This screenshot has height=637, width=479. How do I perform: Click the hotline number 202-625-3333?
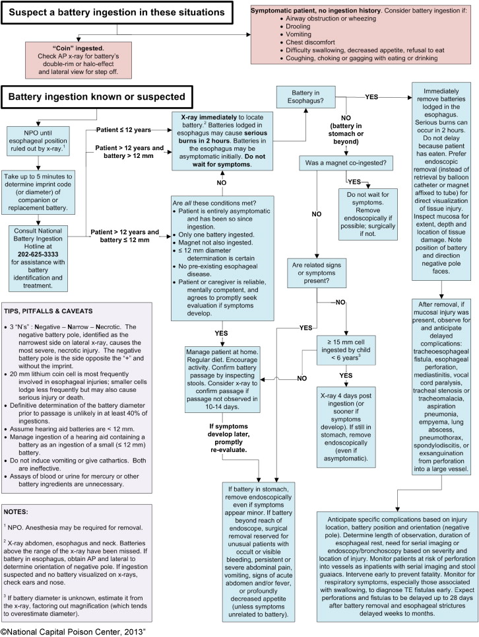pyautogui.click(x=38, y=254)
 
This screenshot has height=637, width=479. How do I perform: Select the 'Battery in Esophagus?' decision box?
pyautogui.click(x=305, y=96)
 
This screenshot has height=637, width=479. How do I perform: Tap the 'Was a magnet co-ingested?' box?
pyautogui.click(x=346, y=163)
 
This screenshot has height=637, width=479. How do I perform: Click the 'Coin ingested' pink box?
pyautogui.click(x=79, y=60)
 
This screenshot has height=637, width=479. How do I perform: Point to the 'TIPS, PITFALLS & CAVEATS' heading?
pyautogui.click(x=48, y=311)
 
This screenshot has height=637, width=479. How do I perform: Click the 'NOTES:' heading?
pyautogui.click(x=16, y=512)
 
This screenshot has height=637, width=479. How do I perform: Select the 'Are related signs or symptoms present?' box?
pyautogui.click(x=316, y=273)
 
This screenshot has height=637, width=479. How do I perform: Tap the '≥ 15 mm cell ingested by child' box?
pyautogui.click(x=346, y=350)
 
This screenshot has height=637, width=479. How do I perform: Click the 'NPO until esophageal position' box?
pyautogui.click(x=38, y=141)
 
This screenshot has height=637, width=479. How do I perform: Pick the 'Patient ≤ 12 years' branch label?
pyautogui.click(x=123, y=130)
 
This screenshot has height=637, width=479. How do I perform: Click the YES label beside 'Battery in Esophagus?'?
pyautogui.click(x=371, y=96)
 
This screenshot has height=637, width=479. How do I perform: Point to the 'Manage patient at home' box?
pyautogui.click(x=222, y=379)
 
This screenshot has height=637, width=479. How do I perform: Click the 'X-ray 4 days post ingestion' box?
pyautogui.click(x=346, y=427)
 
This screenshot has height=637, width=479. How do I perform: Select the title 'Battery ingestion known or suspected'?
pyautogui.click(x=96, y=96)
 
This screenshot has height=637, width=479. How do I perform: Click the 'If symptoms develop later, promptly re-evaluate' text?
pyautogui.click(x=228, y=438)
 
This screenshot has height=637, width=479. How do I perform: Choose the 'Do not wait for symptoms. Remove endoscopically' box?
pyautogui.click(x=368, y=214)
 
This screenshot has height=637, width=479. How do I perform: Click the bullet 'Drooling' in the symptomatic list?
pyautogui.click(x=298, y=26)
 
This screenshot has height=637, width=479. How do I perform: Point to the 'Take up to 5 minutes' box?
pyautogui.click(x=38, y=192)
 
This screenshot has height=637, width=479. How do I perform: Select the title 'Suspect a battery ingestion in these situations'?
pyautogui.click(x=117, y=12)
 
